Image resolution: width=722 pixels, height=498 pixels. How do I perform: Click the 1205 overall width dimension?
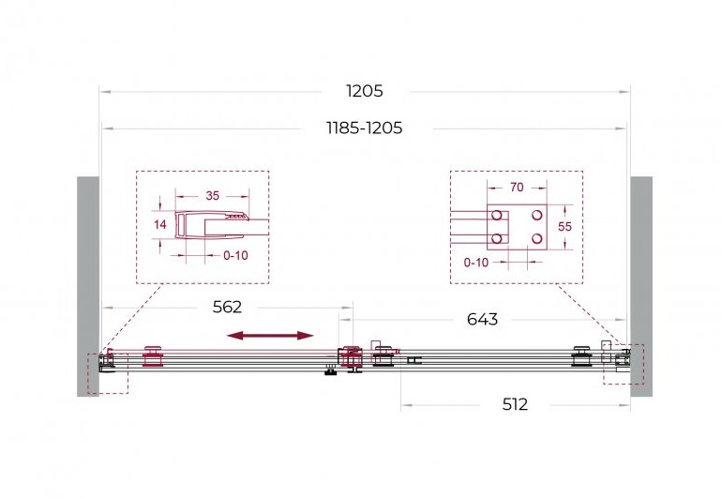[x=364, y=91]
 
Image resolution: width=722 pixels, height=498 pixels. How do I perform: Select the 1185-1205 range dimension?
[x=364, y=128]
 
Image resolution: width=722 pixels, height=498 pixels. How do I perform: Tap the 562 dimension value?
[x=227, y=307]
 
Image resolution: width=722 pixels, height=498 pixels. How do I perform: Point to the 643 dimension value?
[x=482, y=319]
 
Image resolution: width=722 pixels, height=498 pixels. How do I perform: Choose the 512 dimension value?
[x=515, y=404]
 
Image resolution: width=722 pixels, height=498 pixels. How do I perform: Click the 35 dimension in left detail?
[x=212, y=196]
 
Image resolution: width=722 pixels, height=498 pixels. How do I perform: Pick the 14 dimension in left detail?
[x=159, y=224]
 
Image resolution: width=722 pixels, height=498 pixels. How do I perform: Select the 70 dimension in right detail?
[x=517, y=187]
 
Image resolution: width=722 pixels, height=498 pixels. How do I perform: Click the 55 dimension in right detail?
[x=564, y=226]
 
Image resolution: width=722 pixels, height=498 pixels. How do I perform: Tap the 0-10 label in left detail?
[x=235, y=255]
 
